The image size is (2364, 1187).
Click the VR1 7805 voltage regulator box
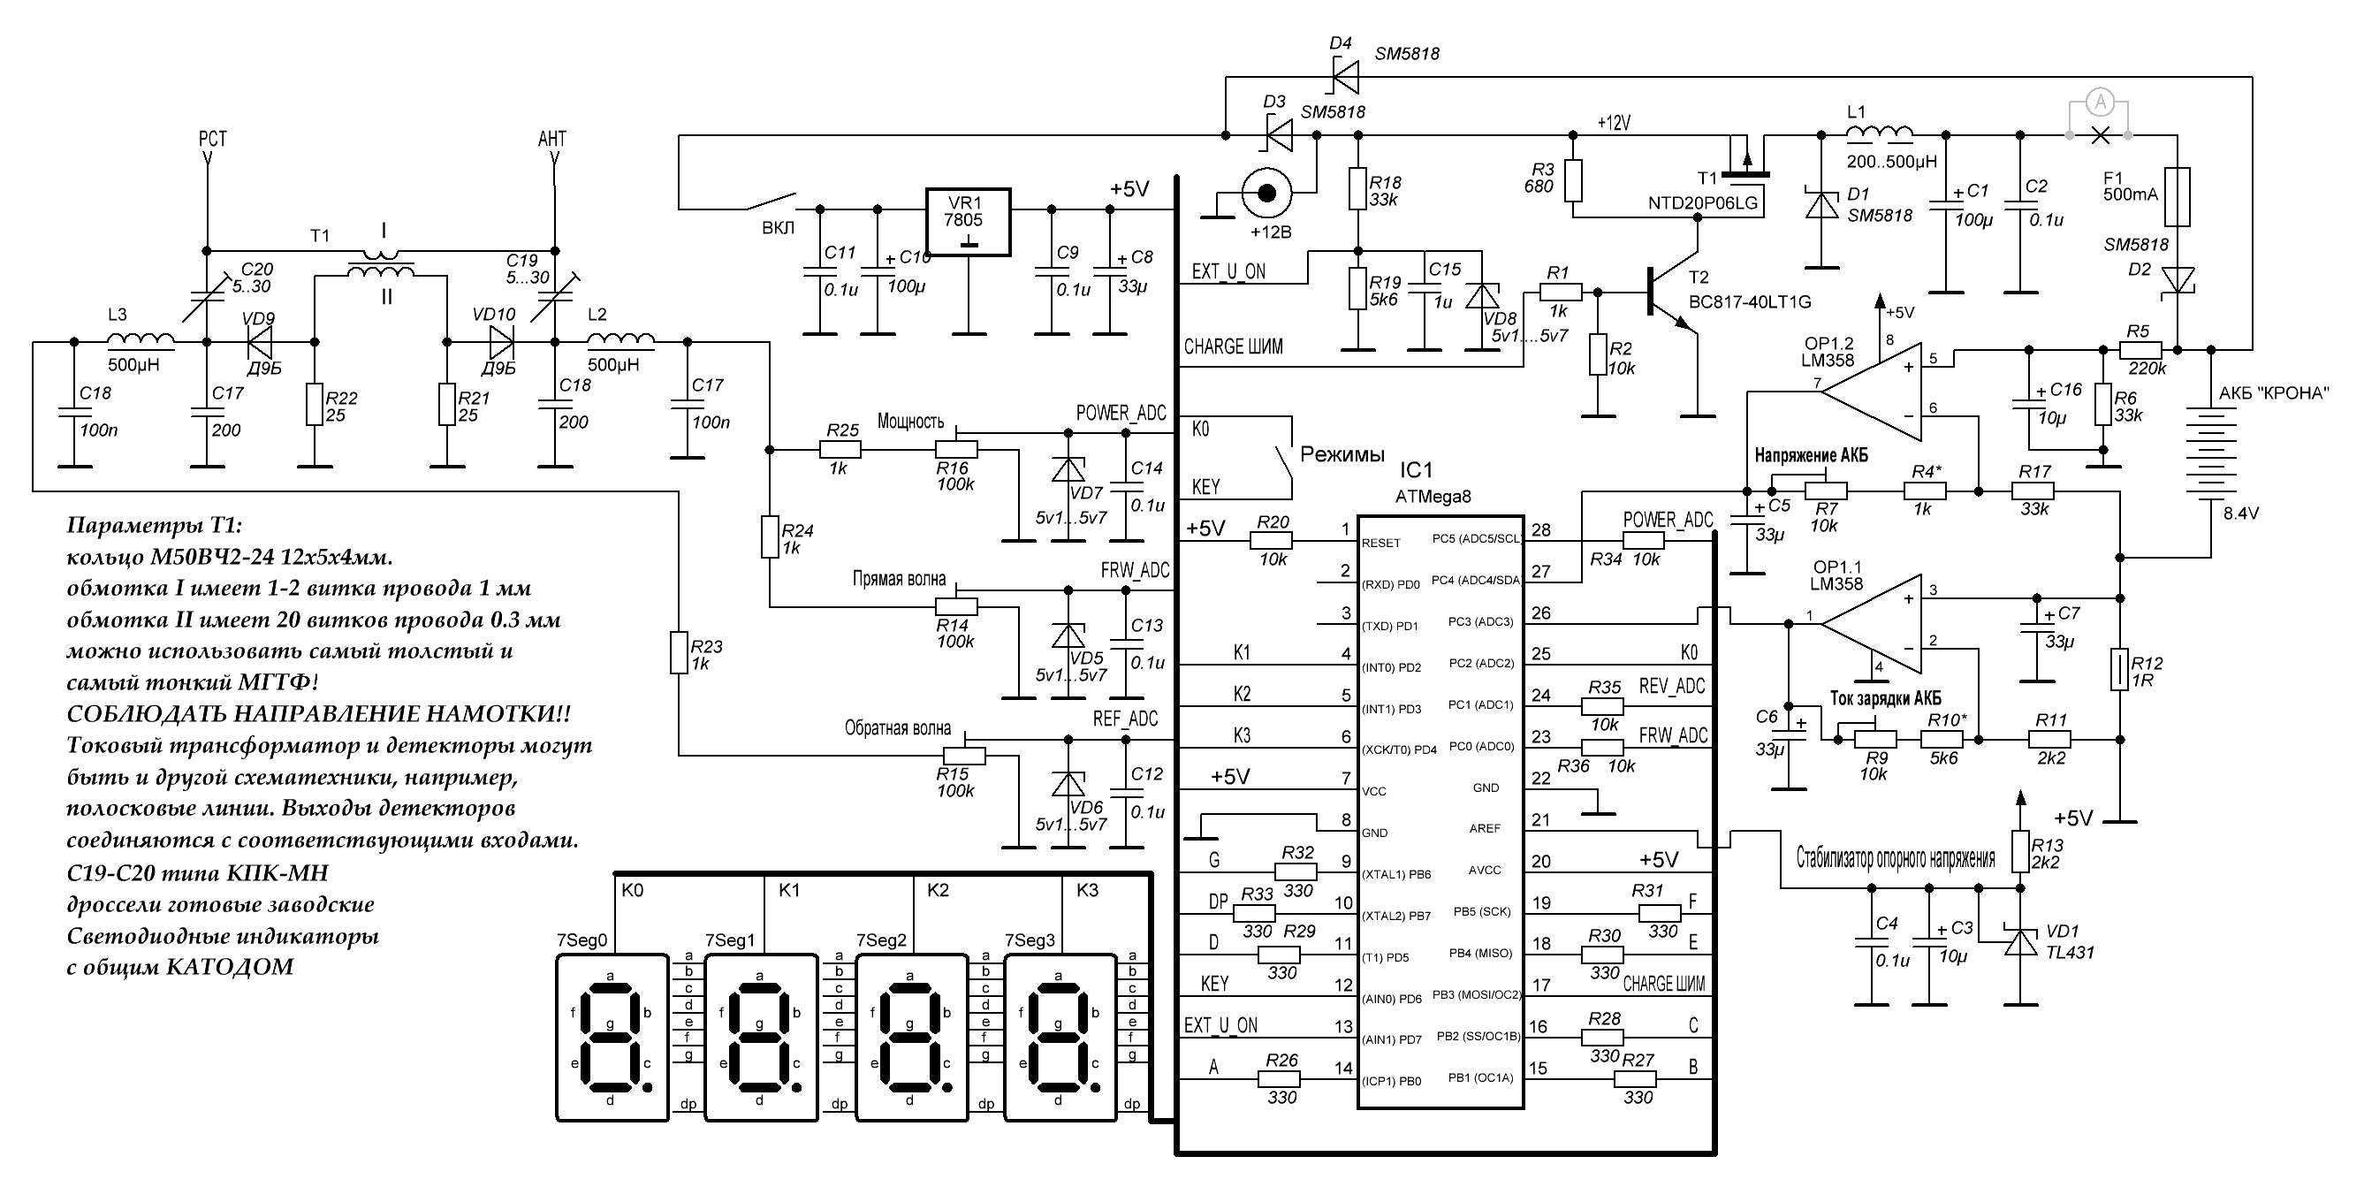pos(968,222)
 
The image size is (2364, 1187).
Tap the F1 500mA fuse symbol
pos(2177,196)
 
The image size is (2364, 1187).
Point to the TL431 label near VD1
pos(2071,952)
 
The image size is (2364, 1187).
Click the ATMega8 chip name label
pos(1433,497)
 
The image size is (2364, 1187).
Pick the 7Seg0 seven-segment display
pos(612,1038)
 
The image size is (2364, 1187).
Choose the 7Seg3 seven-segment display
pos(1060,1038)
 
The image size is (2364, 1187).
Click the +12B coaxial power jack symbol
pos(1266,193)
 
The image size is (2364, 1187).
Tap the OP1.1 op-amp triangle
pos(1871,623)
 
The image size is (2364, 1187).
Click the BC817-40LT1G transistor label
pos(1750,302)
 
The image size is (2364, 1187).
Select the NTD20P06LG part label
pos(1703,203)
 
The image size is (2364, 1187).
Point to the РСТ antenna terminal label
pos(212,139)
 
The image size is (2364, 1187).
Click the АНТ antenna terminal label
pos(552,139)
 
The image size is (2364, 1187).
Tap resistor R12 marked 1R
pos(2119,669)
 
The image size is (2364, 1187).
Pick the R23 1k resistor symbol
pos(678,652)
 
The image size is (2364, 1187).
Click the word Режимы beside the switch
pos(1342,455)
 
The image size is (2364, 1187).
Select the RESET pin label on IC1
pos(1381,543)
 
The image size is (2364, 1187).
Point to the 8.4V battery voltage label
pos(2241,514)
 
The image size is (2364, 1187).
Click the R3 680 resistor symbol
pos(1574,181)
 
